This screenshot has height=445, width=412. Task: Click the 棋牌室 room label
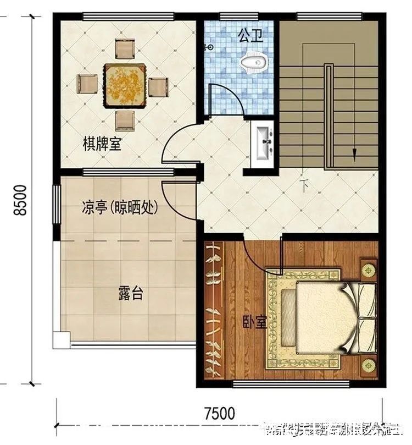(102, 145)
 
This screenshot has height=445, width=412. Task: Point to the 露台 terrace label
(130, 293)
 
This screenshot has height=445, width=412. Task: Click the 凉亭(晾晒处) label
(120, 208)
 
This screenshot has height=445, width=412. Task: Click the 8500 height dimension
(20, 200)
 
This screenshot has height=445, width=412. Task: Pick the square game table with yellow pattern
(125, 85)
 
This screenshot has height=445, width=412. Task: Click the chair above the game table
(125, 50)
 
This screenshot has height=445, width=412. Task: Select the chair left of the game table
(87, 84)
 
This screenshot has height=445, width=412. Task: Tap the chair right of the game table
(158, 87)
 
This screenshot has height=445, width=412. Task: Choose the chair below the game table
(125, 119)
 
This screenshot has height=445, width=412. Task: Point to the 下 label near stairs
(303, 185)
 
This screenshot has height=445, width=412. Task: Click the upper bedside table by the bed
(368, 270)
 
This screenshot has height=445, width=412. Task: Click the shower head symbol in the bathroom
(209, 48)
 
